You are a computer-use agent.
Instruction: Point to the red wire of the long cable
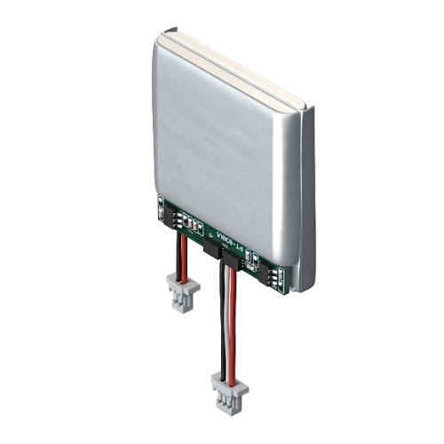point(233,320)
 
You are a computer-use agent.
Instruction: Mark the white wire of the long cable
point(227,320)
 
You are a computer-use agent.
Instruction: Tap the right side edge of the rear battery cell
point(308,195)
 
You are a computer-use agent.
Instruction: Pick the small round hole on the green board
point(210,234)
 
